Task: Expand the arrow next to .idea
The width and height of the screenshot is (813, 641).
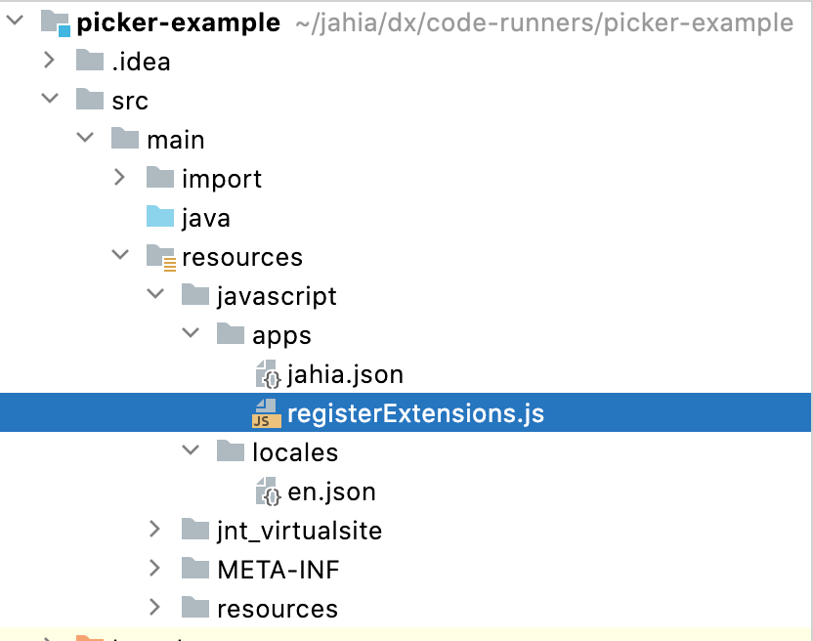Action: [x=49, y=62]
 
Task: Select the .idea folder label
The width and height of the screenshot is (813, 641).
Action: [x=141, y=62]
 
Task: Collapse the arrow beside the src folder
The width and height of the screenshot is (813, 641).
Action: [x=49, y=101]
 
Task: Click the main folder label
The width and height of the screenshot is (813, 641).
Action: [x=175, y=140]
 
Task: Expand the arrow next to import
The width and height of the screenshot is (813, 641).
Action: [x=119, y=179]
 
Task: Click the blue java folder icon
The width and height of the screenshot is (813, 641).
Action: [x=159, y=218]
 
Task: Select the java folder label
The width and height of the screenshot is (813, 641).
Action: [x=206, y=218]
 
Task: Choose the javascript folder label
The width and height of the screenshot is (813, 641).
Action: [x=277, y=296]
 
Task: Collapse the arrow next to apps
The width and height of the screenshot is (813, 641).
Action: [x=190, y=335]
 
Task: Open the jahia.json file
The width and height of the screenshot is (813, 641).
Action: [x=345, y=374]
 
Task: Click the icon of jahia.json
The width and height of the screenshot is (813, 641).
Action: [x=267, y=374]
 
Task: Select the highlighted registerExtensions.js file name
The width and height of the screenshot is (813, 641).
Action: [x=415, y=413]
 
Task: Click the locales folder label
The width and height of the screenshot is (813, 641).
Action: [x=295, y=452]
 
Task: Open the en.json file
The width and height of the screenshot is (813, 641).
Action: [x=331, y=491]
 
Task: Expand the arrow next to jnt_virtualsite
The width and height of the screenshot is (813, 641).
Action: [x=154, y=531]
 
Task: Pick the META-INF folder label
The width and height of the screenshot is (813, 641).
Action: [x=278, y=570]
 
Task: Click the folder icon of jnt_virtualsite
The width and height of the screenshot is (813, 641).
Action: [x=194, y=531]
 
